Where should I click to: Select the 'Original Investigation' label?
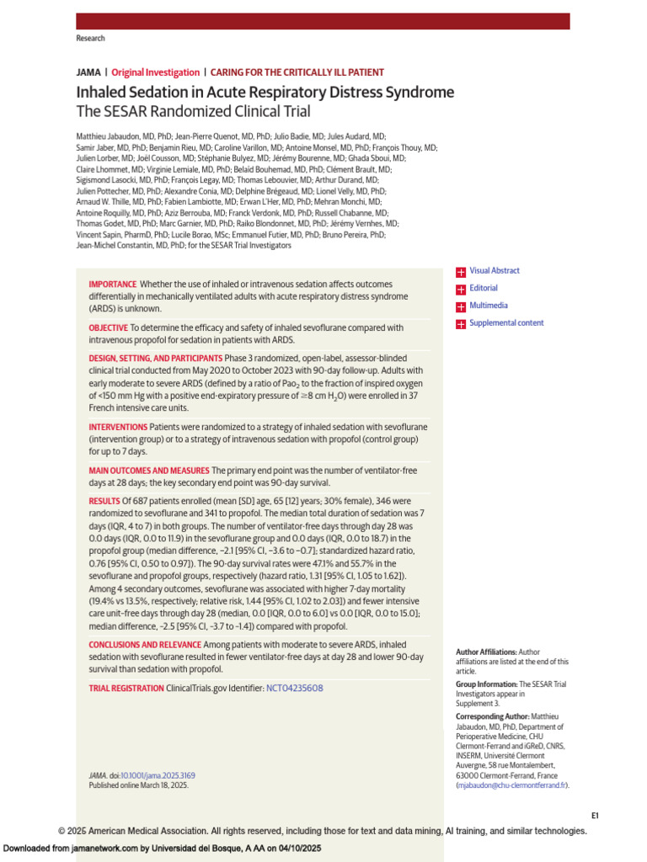tap(156, 73)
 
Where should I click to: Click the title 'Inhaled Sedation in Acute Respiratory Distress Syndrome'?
tap(265, 93)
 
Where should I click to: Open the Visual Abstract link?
tap(495, 271)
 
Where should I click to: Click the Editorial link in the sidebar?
tap(484, 289)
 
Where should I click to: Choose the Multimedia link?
tap(489, 306)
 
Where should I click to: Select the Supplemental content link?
tap(506, 323)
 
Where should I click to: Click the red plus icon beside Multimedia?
tap(461, 306)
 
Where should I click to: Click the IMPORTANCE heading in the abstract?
tap(112, 285)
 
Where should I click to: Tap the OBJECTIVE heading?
tap(109, 327)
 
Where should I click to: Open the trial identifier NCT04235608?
tap(294, 689)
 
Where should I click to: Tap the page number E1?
tap(594, 816)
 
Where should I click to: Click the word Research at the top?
tap(90, 39)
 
